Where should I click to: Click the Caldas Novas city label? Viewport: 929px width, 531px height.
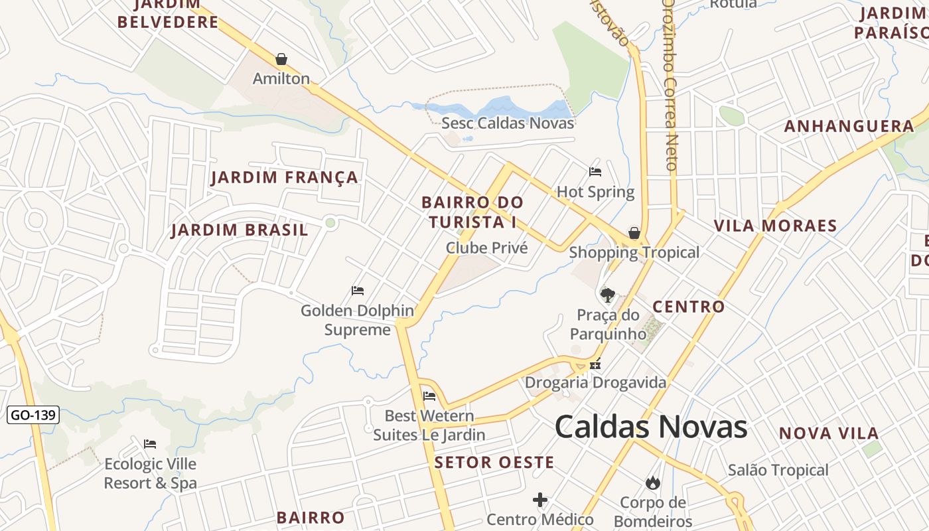tap(651, 427)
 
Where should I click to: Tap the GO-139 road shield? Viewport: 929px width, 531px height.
tap(33, 416)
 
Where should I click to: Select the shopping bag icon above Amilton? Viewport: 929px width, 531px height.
tap(281, 59)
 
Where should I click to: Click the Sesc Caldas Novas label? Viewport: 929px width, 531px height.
tap(508, 123)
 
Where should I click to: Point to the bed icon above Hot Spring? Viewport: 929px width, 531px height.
tap(595, 172)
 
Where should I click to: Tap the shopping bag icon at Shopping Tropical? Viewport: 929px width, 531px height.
tap(634, 233)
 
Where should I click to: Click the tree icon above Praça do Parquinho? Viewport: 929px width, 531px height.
tap(607, 295)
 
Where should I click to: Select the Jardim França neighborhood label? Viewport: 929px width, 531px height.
tap(285, 178)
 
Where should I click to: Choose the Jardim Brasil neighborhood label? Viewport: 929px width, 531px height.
tap(240, 230)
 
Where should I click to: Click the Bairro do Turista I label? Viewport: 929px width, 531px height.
tap(472, 212)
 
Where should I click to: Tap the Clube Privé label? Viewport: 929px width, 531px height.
tap(487, 248)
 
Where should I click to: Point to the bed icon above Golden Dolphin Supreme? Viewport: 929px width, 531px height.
tap(358, 291)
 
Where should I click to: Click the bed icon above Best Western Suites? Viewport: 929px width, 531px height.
tap(429, 396)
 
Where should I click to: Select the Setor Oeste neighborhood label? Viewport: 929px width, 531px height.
tap(494, 463)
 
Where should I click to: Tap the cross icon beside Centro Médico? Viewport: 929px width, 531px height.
tap(540, 500)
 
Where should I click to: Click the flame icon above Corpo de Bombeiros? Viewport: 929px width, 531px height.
tap(653, 483)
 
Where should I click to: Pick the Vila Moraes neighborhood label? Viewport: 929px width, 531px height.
tap(775, 226)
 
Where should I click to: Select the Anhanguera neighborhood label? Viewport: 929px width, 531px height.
tap(849, 127)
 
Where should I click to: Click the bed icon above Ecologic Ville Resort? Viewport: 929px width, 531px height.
tap(150, 443)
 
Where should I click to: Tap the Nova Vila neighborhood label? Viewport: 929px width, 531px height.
tap(828, 433)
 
